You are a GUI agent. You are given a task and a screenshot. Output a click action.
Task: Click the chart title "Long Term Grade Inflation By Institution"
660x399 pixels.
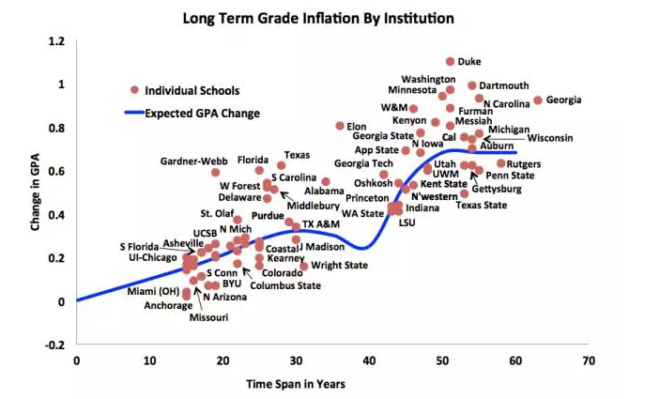click(330, 17)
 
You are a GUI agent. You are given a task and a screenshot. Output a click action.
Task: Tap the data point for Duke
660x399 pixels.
click(451, 62)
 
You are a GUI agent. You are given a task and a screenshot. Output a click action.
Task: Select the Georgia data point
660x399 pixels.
click(538, 100)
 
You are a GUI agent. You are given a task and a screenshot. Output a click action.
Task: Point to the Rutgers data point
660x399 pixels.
click(501, 163)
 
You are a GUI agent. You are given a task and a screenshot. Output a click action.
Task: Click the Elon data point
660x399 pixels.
click(340, 126)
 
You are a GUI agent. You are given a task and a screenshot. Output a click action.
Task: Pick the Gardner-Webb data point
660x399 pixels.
click(215, 173)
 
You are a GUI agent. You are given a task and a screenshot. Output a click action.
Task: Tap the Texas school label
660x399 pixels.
click(298, 155)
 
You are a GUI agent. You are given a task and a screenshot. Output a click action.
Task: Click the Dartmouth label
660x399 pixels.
click(504, 85)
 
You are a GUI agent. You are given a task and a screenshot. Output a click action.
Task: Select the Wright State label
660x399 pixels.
click(339, 266)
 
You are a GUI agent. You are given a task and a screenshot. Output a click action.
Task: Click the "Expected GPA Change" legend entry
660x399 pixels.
click(202, 114)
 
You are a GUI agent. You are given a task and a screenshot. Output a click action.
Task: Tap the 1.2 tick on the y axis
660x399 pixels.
click(57, 42)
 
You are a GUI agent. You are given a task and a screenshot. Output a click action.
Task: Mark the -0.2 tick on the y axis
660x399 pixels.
click(55, 345)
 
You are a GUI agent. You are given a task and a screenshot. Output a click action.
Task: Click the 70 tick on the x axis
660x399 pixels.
click(588, 360)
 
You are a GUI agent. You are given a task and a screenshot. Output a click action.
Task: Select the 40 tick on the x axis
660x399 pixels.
click(368, 360)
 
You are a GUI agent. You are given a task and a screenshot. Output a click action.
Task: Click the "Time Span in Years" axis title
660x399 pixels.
click(296, 384)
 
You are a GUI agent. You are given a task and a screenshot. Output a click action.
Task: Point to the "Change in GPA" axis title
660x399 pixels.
click(35, 192)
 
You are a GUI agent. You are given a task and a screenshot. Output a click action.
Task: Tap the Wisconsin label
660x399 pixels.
click(550, 138)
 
